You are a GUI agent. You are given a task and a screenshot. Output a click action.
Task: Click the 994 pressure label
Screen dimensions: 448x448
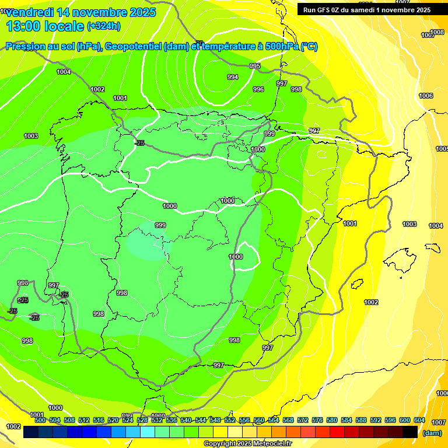pos(233,78)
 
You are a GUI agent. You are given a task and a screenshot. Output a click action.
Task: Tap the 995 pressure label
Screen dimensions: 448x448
pos(255,66)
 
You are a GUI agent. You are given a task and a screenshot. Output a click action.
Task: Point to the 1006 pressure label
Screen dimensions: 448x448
pos(426,96)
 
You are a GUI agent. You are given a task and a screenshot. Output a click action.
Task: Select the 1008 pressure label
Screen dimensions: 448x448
pos(437,32)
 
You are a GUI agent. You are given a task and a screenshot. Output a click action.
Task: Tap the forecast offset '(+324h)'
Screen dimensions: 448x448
pos(104,26)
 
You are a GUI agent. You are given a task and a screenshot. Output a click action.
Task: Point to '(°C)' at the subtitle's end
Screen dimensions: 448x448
pos(309,47)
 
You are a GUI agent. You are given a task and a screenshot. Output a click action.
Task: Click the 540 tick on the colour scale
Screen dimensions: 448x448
pos(186,420)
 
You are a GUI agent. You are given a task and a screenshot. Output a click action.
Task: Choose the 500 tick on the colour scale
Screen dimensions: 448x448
pos(40,420)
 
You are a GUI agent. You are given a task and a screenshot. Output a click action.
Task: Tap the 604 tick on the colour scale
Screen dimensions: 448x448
pos(419,420)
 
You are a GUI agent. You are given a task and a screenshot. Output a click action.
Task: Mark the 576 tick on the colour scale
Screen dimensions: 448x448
pos(317,420)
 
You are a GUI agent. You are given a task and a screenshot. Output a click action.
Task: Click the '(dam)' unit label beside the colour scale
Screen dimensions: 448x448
pos(432,432)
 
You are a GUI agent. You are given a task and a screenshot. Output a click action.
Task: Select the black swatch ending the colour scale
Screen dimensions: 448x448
pos(410,432)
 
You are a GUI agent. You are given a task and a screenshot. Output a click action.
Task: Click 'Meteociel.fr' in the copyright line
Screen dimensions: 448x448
pos(269,444)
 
